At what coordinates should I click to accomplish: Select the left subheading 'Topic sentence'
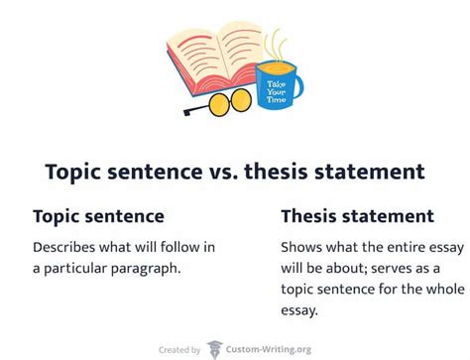coord(98,215)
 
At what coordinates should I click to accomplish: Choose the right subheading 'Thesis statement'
coord(357,215)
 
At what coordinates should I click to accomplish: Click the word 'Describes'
coord(68,246)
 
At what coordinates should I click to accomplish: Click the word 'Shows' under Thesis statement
coord(301,246)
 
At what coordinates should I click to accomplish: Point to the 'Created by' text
coord(180,349)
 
